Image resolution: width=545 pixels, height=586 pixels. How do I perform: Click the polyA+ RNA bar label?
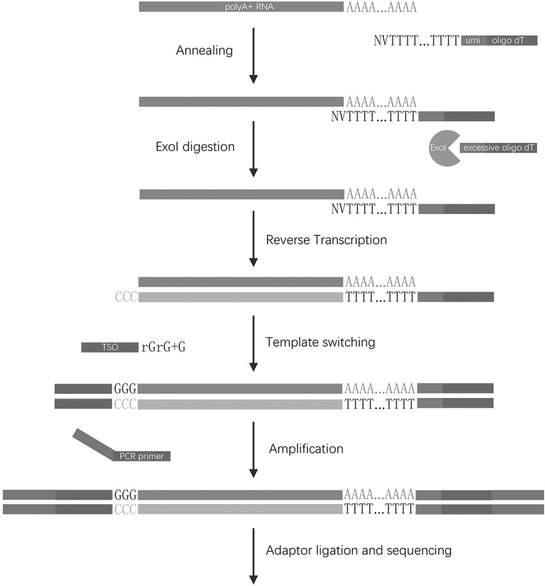point(249,7)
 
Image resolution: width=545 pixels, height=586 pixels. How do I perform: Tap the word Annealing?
point(204,50)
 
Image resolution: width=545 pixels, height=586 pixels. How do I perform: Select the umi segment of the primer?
point(473,40)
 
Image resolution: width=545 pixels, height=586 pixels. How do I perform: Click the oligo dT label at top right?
point(508,40)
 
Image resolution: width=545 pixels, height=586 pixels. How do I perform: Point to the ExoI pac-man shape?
point(443,148)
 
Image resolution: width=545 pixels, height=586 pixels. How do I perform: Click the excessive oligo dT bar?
point(498,148)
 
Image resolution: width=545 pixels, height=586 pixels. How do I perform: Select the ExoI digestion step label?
point(195,147)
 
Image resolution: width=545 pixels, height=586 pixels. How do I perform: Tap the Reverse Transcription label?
point(326,240)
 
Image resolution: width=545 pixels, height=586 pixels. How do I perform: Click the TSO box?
point(110,348)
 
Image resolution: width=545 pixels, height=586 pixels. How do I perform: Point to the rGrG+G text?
point(163,348)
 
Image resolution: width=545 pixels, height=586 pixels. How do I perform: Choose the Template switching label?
point(320,342)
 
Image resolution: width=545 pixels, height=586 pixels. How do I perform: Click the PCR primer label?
point(142,456)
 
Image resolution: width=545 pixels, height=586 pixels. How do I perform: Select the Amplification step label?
point(306,449)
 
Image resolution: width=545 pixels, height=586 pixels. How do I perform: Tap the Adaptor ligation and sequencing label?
point(358,551)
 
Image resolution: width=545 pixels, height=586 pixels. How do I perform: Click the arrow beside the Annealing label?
point(253,56)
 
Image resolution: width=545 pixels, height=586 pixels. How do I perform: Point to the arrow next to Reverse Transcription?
point(253,238)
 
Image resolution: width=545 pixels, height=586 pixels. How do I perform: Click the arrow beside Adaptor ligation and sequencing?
point(253,556)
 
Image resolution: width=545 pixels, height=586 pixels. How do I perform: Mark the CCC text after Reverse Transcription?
point(126,297)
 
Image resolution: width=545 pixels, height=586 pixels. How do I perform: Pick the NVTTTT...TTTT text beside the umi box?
point(416,40)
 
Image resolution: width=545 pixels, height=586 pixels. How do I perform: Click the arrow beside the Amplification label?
point(253,450)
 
